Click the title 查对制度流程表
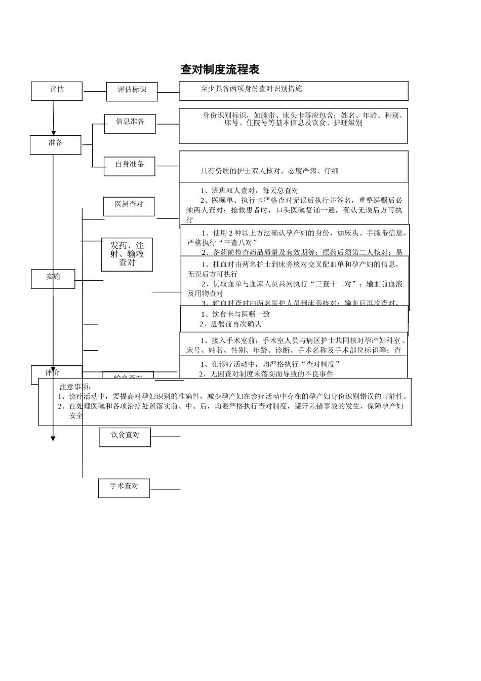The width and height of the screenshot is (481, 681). (x=220, y=69)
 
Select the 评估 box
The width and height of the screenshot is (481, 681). (x=57, y=91)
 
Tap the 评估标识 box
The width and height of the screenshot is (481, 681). (x=132, y=91)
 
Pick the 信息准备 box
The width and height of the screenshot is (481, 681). (x=130, y=124)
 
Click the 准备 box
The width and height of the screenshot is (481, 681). (x=56, y=144)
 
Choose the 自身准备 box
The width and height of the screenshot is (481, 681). (x=130, y=166)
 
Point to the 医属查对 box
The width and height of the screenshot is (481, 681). (x=129, y=207)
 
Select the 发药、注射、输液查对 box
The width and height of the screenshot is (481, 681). (x=127, y=254)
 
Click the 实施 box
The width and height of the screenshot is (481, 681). (x=53, y=279)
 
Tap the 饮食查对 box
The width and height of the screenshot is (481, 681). (x=125, y=437)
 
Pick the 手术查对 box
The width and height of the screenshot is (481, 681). (x=124, y=488)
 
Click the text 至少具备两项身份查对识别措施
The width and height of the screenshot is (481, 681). (x=252, y=89)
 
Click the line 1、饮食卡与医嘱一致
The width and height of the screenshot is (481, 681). (x=235, y=314)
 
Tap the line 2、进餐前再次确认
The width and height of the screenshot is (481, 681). (x=230, y=324)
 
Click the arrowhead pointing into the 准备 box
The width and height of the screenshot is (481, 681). (x=54, y=133)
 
